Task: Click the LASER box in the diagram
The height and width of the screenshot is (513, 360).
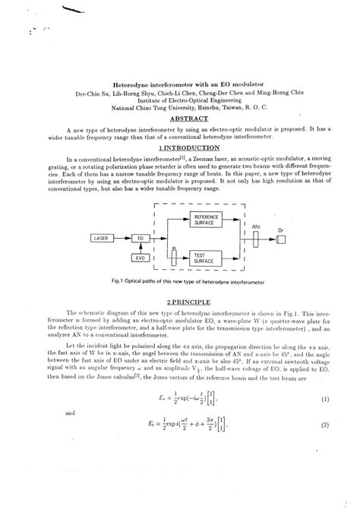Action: point(101,238)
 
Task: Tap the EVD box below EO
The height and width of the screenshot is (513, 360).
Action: point(139,258)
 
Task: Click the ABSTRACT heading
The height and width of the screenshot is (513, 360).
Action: point(188,119)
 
